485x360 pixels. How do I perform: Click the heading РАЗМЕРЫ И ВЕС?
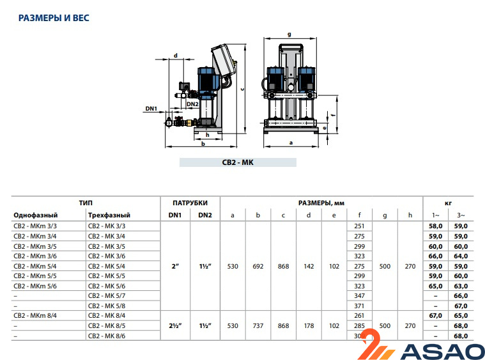click(54, 18)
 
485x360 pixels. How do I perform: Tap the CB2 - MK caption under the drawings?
click(238, 163)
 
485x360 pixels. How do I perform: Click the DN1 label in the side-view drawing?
click(151, 109)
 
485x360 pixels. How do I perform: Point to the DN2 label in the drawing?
click(192, 104)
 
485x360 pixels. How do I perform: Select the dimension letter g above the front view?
click(289, 33)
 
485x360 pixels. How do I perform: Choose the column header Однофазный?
click(36, 215)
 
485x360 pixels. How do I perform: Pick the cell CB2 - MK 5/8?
click(107, 306)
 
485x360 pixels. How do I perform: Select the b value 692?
click(258, 267)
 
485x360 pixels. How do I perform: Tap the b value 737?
click(258, 325)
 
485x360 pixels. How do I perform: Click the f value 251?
click(360, 226)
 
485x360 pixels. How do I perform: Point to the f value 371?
click(360, 306)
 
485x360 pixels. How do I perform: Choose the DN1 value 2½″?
click(174, 325)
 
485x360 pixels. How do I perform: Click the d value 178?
click(309, 325)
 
